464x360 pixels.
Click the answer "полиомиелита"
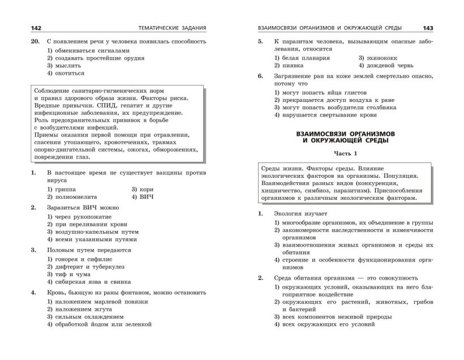point(74,196)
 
